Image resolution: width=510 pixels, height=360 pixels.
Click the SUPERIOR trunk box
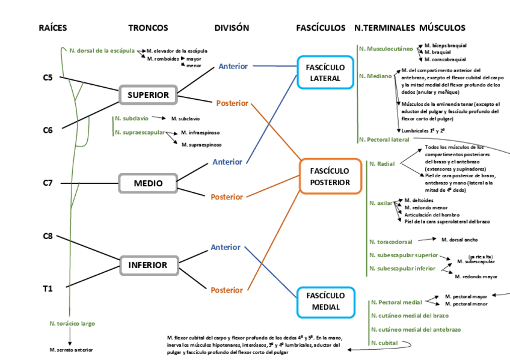148,95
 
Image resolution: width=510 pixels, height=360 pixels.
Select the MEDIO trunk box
148,183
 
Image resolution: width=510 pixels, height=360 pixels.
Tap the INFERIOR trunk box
148,265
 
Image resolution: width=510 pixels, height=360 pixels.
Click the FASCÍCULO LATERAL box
325,73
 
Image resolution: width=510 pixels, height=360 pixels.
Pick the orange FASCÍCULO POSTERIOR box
330,177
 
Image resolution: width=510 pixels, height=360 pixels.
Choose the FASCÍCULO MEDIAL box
325,302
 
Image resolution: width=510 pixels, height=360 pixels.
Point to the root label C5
48,78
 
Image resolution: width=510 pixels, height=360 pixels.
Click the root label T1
48,288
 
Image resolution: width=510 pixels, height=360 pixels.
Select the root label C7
48,183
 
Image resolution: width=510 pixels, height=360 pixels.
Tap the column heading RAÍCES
53,28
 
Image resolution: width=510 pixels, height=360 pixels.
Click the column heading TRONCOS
148,28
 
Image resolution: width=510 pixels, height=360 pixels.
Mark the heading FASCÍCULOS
321,28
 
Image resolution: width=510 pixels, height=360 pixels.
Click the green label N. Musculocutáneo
386,48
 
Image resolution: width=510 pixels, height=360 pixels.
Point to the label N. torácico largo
72,323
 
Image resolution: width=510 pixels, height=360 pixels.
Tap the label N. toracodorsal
391,242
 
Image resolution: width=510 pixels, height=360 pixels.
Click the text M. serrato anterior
71,349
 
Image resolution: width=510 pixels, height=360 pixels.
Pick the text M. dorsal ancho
459,239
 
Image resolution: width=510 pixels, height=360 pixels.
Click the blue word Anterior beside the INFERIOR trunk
226,247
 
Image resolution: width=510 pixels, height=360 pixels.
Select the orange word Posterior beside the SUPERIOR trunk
232,103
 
